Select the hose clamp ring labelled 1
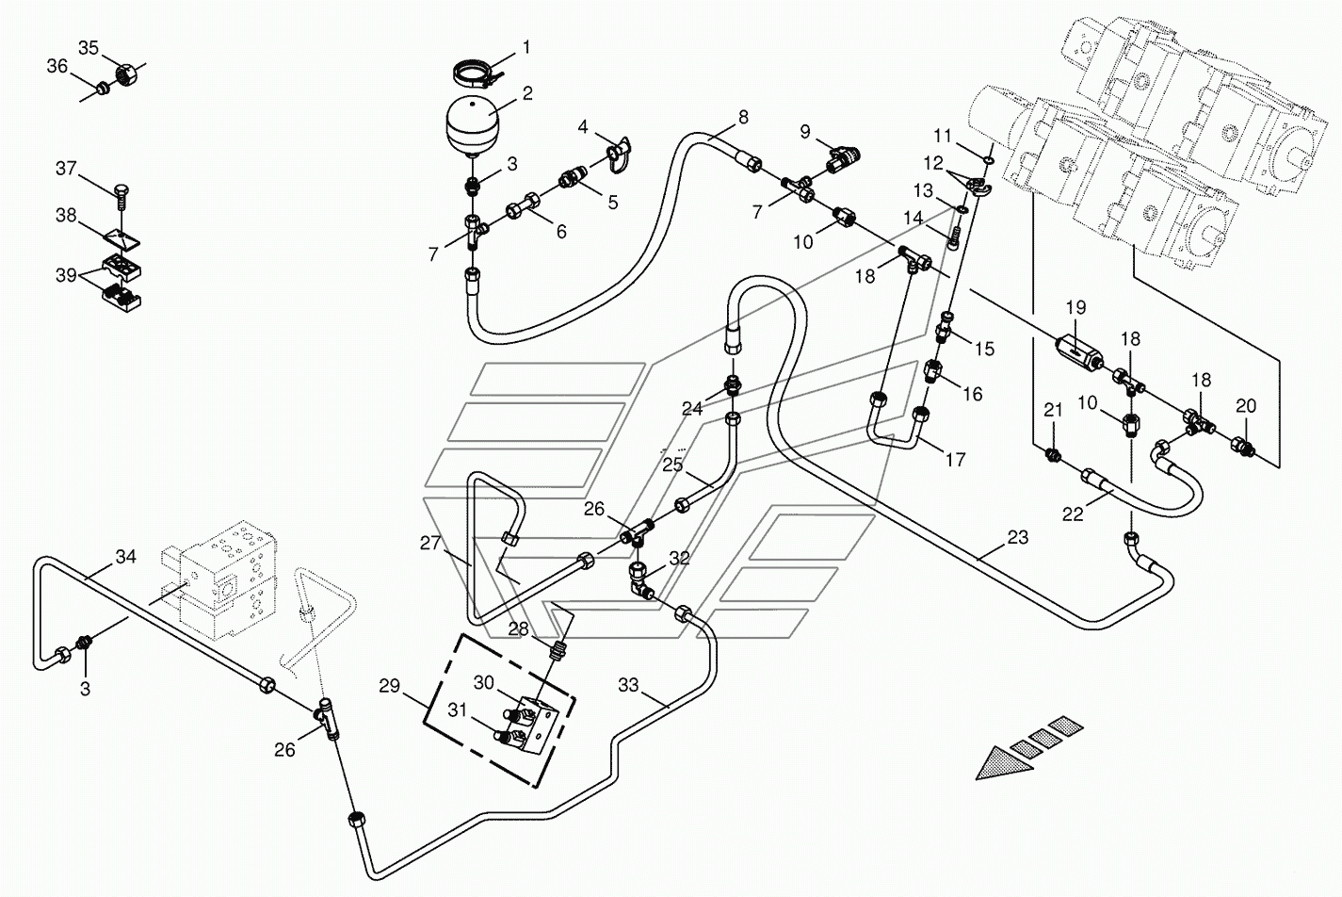point(477,73)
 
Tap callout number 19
point(1076,307)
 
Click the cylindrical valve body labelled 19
point(1077,351)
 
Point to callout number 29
point(390,685)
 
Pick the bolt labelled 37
point(121,198)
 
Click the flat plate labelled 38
point(122,238)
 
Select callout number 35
point(89,47)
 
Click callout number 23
point(1018,537)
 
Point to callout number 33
point(628,685)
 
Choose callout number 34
point(126,557)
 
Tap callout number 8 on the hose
point(743,117)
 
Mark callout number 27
point(430,544)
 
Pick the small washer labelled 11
point(988,160)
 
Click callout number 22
point(1073,514)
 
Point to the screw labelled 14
point(954,238)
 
